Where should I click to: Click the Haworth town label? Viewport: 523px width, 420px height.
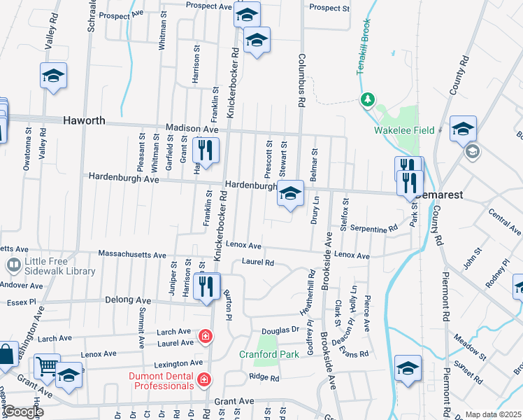pos(84,120)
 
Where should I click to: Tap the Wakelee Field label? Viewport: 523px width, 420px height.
pos(404,130)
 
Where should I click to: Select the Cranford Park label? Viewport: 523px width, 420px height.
pos(269,354)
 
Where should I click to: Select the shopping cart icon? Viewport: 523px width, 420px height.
pos(47,366)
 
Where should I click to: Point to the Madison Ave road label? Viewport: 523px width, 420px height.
pos(192,128)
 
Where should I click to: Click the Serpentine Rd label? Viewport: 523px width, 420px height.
pos(374,228)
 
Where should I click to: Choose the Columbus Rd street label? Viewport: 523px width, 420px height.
pos(302,80)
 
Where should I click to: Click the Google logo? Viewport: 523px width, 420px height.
pos(23,412)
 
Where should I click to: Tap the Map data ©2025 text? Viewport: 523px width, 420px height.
pos(493,414)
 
